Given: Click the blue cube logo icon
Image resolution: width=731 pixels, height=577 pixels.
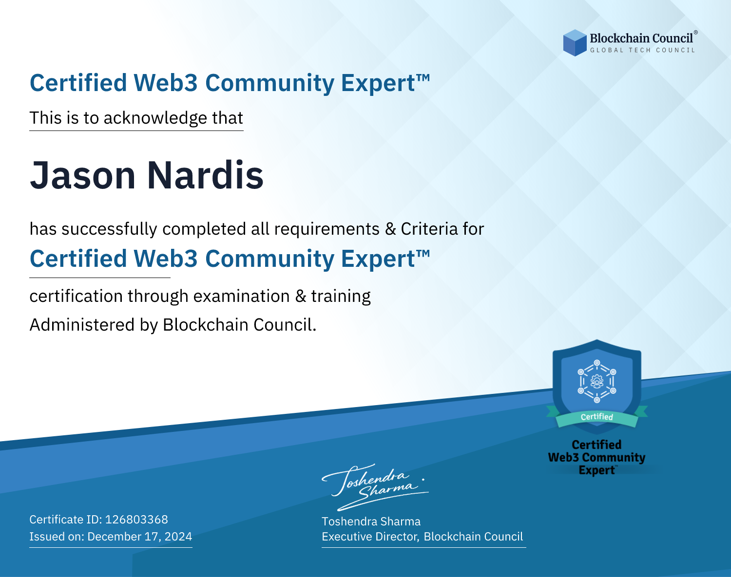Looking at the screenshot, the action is pyautogui.click(x=575, y=43).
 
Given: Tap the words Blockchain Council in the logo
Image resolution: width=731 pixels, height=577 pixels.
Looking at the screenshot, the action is pyautogui.click(x=641, y=38).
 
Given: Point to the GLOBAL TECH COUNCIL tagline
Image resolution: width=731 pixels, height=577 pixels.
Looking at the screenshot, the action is pyautogui.click(x=642, y=50).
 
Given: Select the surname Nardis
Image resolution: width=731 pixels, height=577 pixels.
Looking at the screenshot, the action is pyautogui.click(x=205, y=175).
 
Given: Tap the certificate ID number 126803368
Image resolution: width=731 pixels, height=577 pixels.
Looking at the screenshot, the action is pyautogui.click(x=136, y=519).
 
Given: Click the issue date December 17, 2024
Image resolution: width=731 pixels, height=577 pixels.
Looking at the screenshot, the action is pyautogui.click(x=139, y=536).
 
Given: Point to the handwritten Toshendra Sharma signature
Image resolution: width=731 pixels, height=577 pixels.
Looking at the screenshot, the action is pyautogui.click(x=375, y=487).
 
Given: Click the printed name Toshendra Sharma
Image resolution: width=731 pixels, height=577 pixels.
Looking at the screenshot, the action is pyautogui.click(x=371, y=521).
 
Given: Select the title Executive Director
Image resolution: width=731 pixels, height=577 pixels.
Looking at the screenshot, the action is pyautogui.click(x=370, y=537).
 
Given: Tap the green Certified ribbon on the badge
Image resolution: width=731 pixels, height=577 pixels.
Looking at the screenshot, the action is pyautogui.click(x=597, y=417).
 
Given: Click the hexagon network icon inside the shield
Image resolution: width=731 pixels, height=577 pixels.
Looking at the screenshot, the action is pyautogui.click(x=597, y=381).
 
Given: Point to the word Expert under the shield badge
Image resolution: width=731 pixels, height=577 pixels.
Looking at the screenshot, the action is pyautogui.click(x=596, y=470).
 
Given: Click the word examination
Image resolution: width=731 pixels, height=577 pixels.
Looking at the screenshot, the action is pyautogui.click(x=242, y=297).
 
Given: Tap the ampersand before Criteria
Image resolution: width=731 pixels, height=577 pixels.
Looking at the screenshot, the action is pyautogui.click(x=391, y=229).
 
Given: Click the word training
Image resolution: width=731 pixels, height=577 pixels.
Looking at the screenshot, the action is pyautogui.click(x=341, y=297).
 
